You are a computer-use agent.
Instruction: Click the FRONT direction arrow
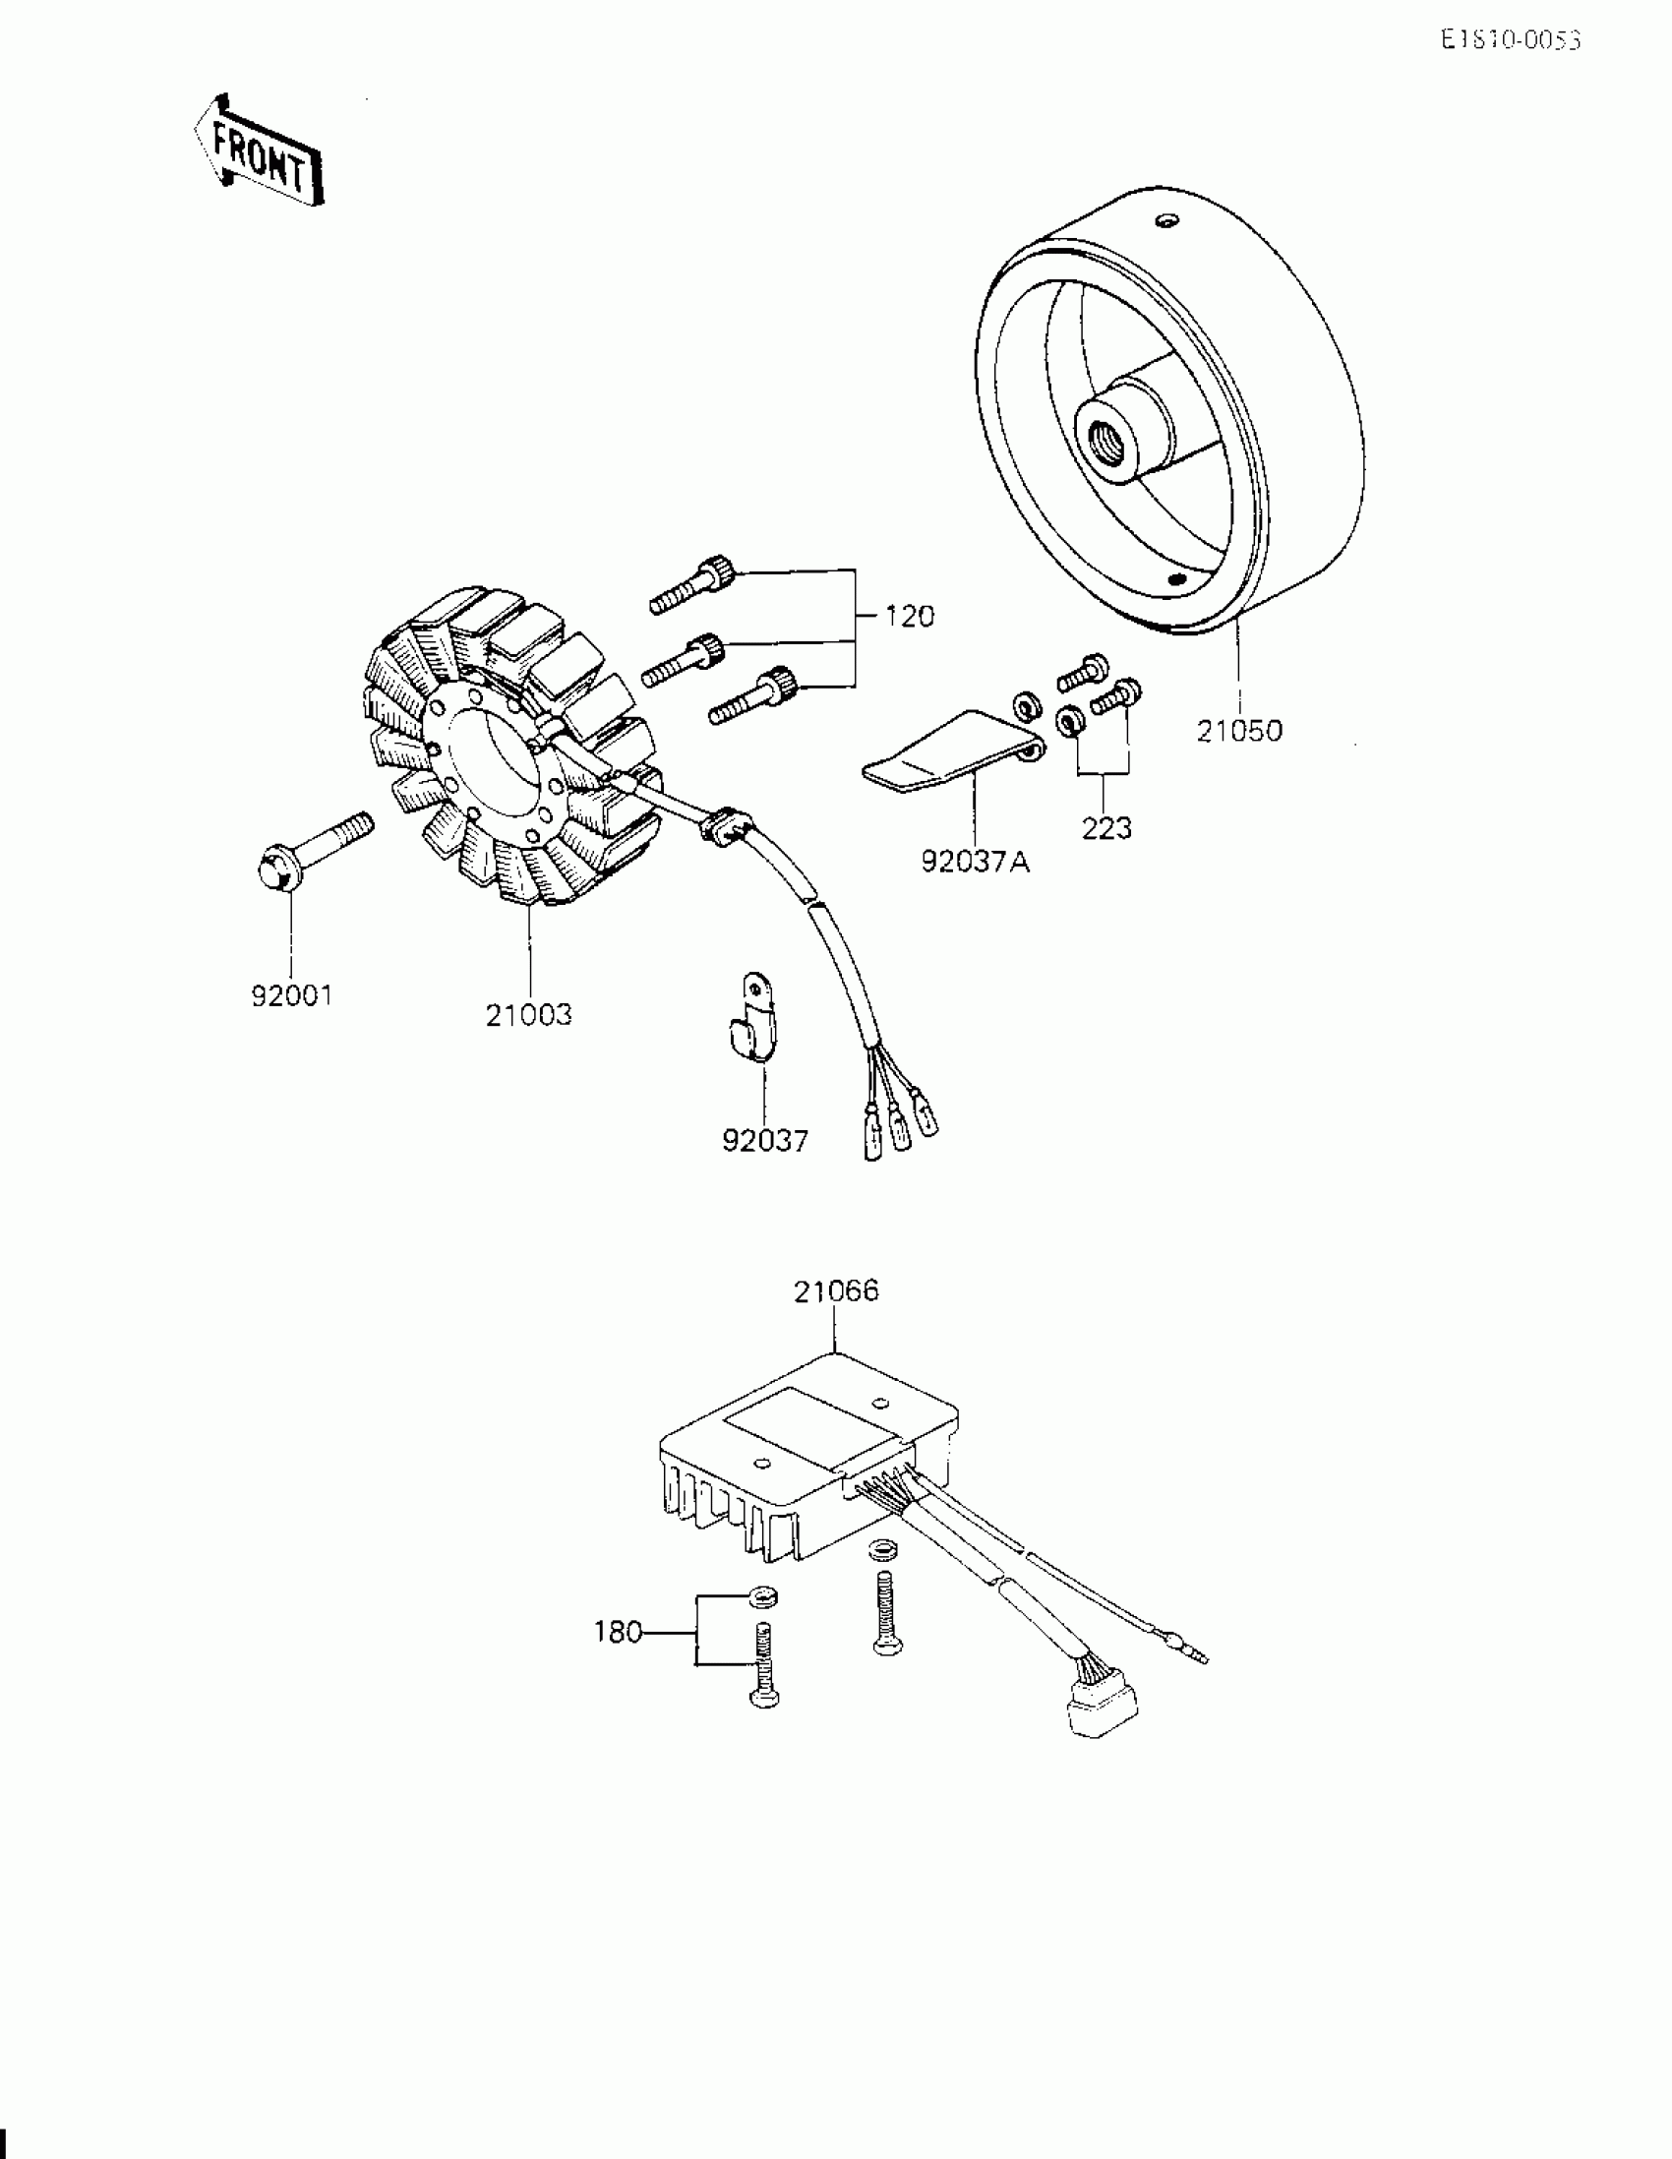[259, 150]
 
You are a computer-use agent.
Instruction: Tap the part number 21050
[1238, 732]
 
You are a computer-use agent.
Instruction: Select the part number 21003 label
[528, 1015]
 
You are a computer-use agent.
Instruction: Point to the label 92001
[292, 995]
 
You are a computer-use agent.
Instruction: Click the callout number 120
[909, 617]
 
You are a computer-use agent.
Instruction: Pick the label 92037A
[975, 862]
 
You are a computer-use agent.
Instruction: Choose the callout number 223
[1105, 828]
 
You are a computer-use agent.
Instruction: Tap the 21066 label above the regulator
[835, 1291]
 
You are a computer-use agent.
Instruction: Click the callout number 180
[618, 1632]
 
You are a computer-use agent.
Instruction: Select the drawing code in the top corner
[1510, 39]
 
